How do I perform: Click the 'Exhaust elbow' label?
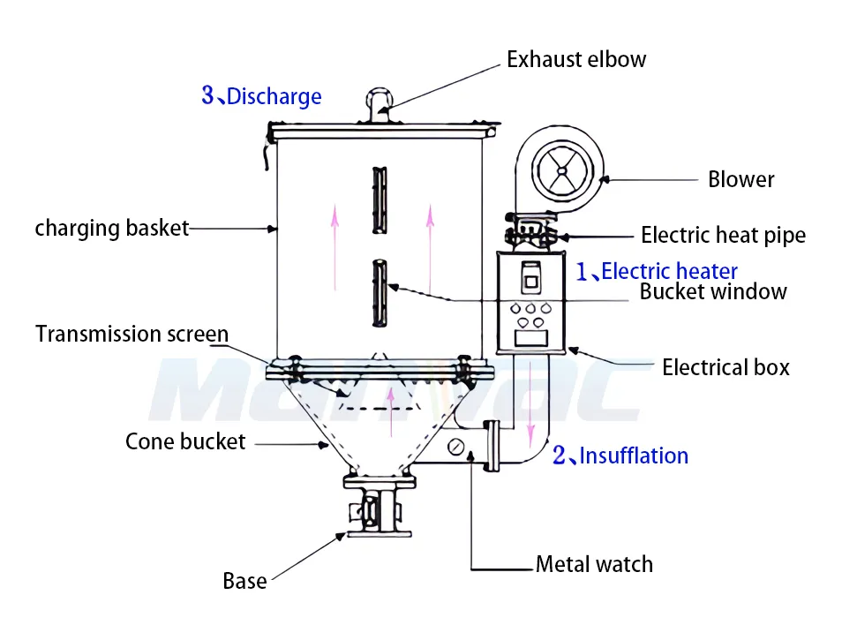pos(575,60)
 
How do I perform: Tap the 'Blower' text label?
pos(741,180)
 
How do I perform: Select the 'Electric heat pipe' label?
pos(723,236)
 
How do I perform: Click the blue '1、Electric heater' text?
pos(657,271)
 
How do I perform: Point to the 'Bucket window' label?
pos(712,291)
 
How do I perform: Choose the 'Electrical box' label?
pos(725,367)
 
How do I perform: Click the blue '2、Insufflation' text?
pos(620,456)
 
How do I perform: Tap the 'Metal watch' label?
pos(594,564)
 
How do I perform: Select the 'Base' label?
pos(244,581)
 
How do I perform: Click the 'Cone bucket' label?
pos(185,441)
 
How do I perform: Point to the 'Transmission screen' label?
pos(132,335)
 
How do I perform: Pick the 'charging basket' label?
pos(112,229)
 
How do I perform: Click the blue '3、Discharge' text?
pos(261,95)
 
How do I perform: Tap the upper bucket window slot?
pos(379,200)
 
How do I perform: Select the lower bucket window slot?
pos(379,291)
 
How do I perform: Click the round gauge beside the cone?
pos(455,447)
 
